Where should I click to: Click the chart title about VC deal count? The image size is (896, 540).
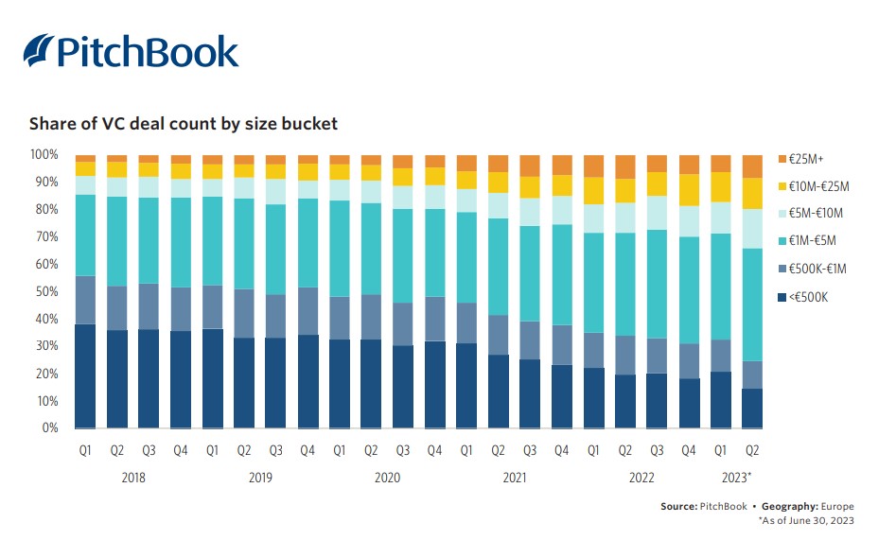pos(183,124)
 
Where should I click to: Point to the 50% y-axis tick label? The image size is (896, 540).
pos(46,291)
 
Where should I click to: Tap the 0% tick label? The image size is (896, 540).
pos(50,428)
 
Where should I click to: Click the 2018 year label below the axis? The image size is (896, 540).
pos(133,478)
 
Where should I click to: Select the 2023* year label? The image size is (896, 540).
pos(736,478)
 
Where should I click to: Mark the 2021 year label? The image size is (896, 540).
pos(514,478)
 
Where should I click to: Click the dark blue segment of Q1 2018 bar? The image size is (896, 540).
pos(85,376)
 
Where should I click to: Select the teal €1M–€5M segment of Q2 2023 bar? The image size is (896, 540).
pos(753,305)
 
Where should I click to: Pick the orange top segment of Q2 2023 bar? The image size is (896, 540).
pos(753,166)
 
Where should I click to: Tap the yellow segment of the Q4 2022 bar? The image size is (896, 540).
pos(690,190)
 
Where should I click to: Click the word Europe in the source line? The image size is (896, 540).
pos(837,507)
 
